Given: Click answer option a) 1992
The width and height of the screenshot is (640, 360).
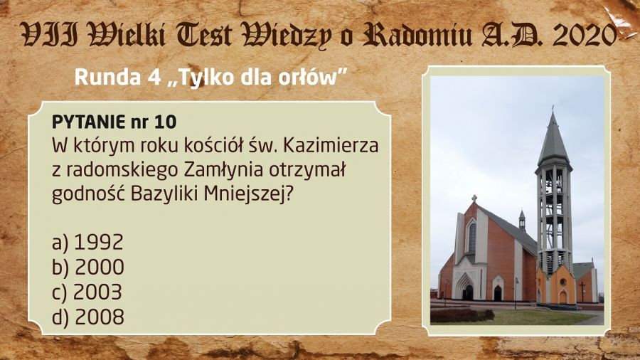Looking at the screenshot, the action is point(87,242).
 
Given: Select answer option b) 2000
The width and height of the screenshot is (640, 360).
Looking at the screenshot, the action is point(88,268).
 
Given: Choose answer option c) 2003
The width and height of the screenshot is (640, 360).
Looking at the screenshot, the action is point(87,292).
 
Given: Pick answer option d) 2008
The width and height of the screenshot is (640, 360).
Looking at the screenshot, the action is point(88,317).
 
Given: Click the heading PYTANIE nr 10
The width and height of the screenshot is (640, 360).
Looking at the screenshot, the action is point(114,122).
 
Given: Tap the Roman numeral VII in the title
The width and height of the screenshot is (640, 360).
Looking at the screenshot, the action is point(50,35).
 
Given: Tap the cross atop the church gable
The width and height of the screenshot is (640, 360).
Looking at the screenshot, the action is point(474,198).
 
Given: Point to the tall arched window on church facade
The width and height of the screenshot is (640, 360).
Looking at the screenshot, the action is point(472,237).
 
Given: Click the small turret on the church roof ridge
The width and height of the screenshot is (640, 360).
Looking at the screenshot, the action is point(522,221).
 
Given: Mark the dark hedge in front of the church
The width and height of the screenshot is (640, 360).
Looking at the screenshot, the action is point(462,315).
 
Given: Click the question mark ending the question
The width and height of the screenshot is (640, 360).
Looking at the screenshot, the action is point(289,194).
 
